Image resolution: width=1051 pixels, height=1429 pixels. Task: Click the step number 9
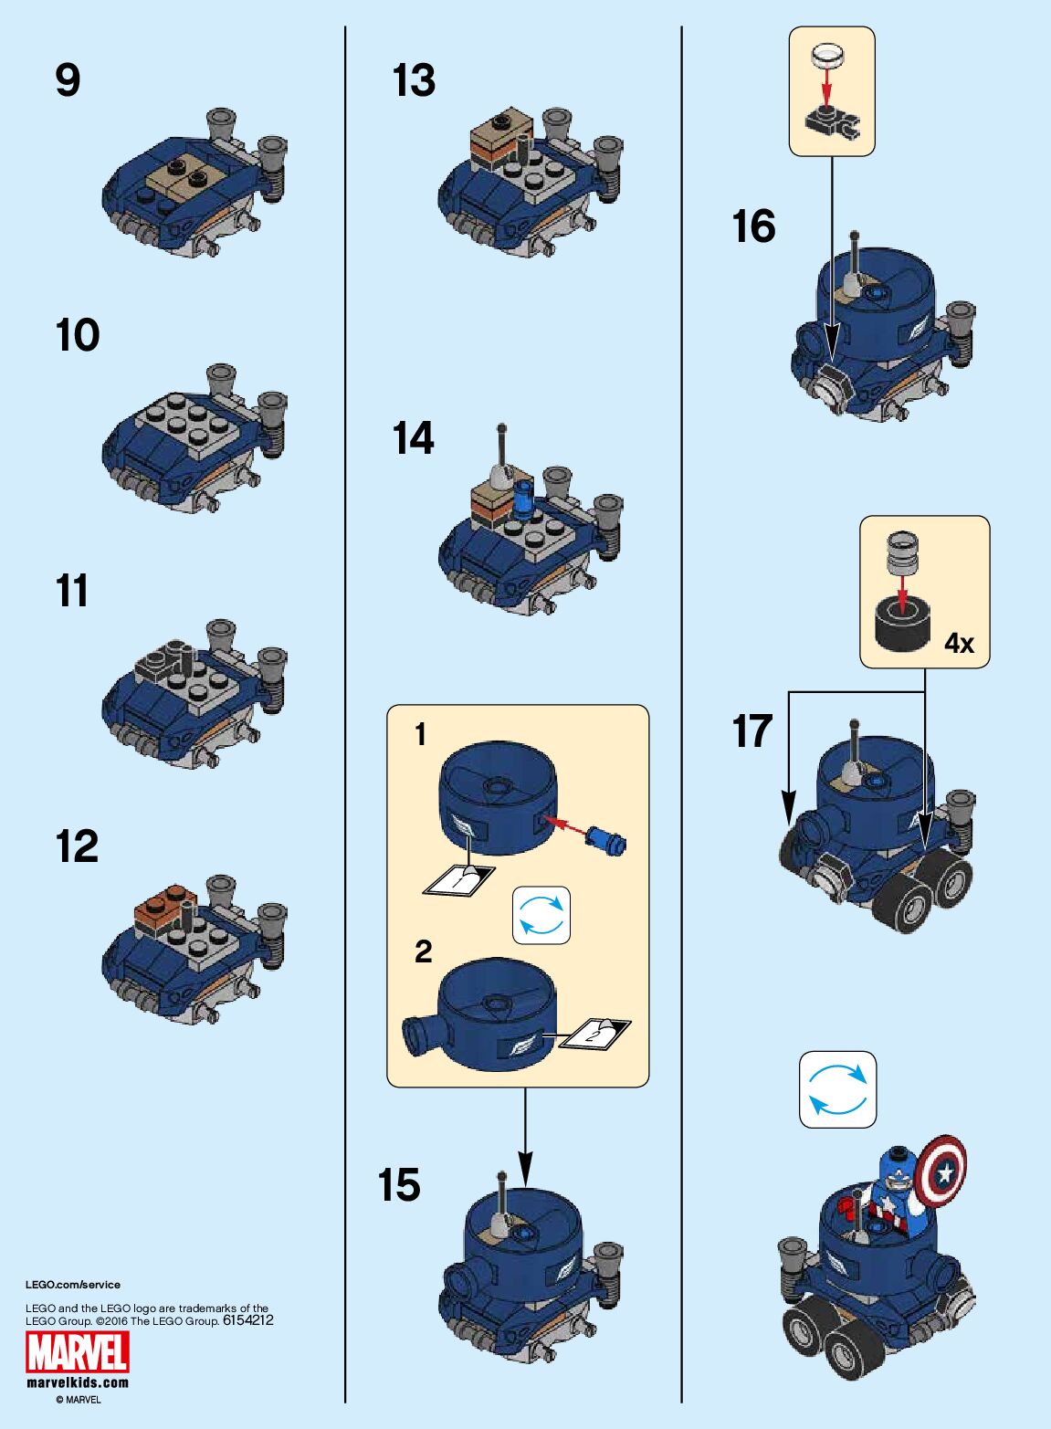pos(68,80)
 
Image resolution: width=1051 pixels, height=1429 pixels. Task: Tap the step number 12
pos(77,846)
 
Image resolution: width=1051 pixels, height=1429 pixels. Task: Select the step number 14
pos(413,438)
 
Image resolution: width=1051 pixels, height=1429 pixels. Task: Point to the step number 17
pos(752,731)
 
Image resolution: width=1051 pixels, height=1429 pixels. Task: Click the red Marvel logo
pos(78,1352)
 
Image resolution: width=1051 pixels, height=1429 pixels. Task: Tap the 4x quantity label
pos(959,644)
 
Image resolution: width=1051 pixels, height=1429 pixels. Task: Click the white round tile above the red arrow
pos(828,56)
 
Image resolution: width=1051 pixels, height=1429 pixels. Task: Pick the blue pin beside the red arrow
pos(605,838)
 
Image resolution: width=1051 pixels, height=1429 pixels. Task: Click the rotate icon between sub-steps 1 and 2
pos(541,915)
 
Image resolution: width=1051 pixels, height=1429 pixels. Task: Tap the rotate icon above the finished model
pos(837,1089)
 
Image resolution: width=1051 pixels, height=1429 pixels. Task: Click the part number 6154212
pos(248,1319)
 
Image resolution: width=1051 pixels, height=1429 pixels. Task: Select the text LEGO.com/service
pos(73,1285)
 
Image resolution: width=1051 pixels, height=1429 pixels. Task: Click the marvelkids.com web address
pos(78,1382)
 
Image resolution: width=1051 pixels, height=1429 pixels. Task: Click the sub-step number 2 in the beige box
pos(423,951)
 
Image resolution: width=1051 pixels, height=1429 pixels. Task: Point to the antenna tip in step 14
pos(500,427)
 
